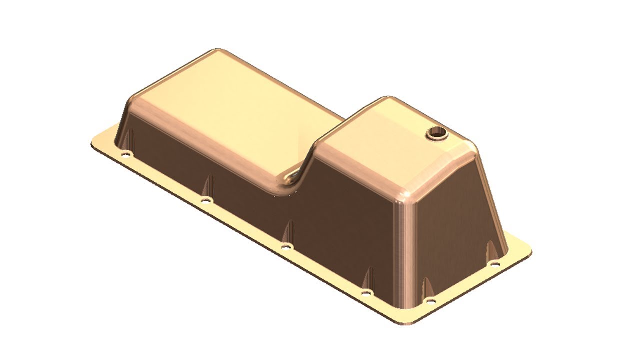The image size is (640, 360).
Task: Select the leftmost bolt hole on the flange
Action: coord(125,154)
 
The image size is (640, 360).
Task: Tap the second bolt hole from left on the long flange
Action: coord(205,200)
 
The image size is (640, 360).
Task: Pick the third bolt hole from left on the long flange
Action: coord(285,246)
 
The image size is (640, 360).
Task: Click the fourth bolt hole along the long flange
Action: coord(366,292)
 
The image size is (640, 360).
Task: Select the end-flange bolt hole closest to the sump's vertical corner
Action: coord(431,301)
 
